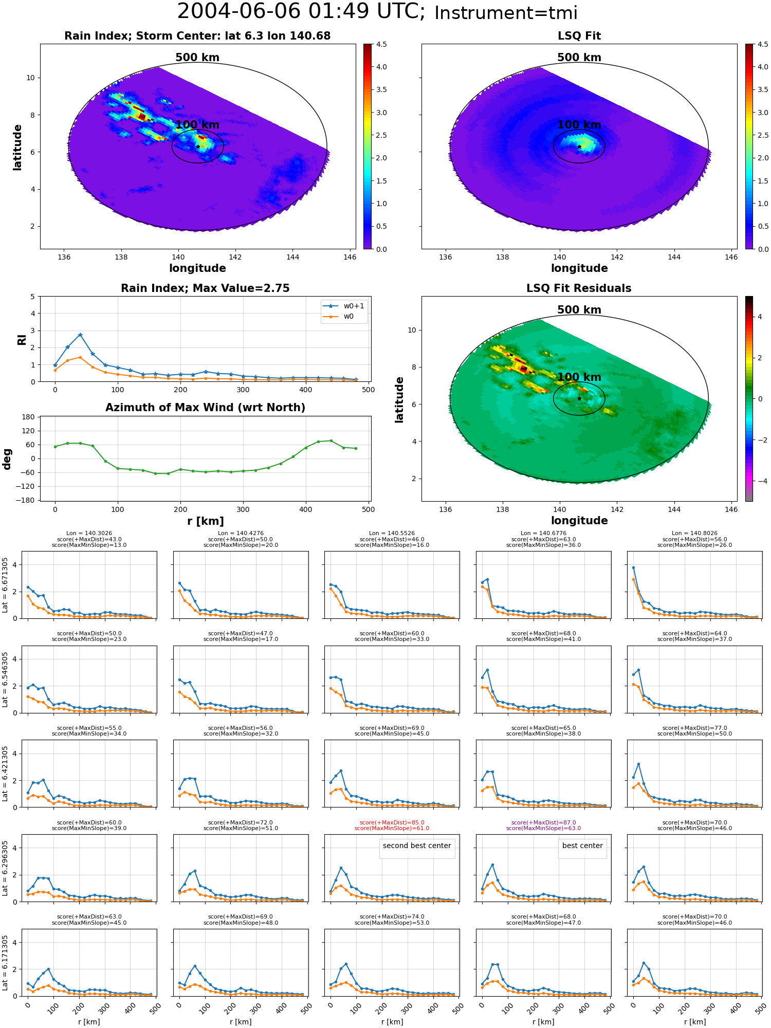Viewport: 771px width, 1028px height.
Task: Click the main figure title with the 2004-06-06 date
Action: (377, 12)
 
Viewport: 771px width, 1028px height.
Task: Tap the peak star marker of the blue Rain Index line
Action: (80, 335)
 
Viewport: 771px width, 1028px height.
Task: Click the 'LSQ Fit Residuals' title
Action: (579, 288)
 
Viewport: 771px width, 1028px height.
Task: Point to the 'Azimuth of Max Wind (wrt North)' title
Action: (205, 408)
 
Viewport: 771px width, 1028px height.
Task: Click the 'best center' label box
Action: (582, 846)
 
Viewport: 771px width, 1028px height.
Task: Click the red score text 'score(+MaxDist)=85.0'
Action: (392, 822)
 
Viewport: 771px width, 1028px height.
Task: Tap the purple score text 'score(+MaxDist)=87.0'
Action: (543, 822)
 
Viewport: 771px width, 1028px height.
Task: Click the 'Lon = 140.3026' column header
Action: (89, 534)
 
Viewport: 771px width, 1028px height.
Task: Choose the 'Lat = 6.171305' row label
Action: (5, 963)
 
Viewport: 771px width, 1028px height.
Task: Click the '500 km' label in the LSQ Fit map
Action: (579, 58)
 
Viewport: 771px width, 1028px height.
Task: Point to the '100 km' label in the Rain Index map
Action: (197, 125)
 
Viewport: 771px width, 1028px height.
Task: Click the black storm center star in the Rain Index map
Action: (198, 146)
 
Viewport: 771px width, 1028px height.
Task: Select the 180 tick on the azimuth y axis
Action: (28, 417)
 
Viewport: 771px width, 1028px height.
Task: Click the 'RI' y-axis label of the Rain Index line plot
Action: (22, 339)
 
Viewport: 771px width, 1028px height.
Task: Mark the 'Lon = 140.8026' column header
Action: (694, 534)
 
